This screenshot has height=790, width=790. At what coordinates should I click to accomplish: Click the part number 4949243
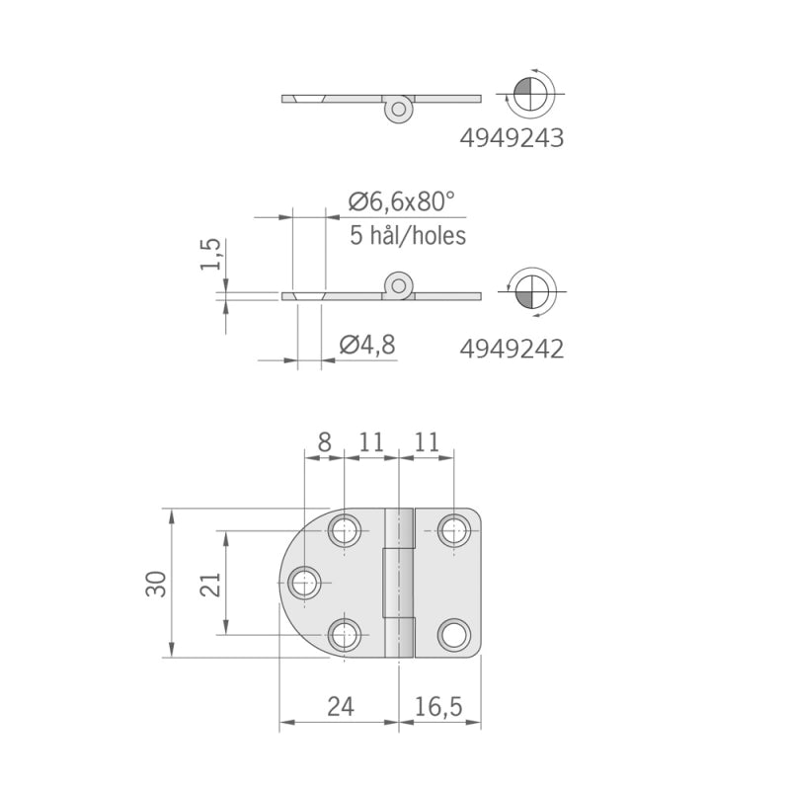tap(512, 139)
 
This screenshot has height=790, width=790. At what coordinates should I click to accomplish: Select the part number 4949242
tap(512, 349)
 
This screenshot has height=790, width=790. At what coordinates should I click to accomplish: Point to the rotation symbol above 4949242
tap(528, 291)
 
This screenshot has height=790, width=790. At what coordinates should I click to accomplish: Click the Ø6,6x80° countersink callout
tap(402, 202)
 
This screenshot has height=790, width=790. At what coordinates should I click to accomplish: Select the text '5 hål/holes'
tap(408, 236)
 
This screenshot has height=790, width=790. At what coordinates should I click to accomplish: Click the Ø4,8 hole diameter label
tap(367, 345)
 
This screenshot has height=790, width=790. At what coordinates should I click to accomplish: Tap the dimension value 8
tap(324, 441)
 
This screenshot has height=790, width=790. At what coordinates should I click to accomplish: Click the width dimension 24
tap(340, 706)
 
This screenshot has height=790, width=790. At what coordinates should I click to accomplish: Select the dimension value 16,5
tap(439, 706)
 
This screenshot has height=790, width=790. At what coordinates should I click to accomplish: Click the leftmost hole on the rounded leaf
tap(306, 583)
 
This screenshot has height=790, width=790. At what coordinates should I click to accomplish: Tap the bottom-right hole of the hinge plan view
tap(454, 634)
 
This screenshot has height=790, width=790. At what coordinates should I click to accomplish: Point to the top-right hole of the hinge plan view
tap(454, 531)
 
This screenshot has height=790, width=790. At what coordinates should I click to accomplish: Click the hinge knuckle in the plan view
tap(398, 583)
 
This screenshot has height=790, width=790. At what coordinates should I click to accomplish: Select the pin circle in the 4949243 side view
tap(399, 107)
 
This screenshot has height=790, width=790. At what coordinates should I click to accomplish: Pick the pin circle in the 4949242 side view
tap(399, 285)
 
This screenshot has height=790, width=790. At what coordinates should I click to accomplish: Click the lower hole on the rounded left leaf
tap(345, 634)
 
